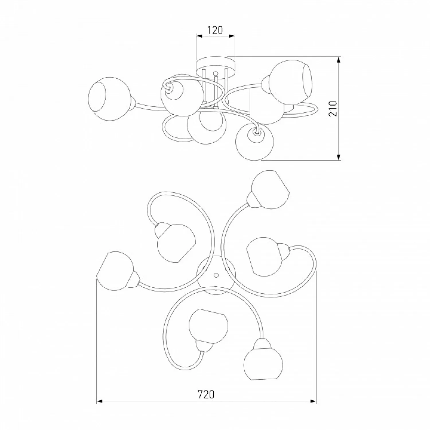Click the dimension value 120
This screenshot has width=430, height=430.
coord(215,30)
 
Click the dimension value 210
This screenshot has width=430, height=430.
coord(333,108)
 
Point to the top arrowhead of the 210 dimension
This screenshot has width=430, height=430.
coord(339,60)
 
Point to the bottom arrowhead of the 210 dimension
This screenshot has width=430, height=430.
coord(339,157)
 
